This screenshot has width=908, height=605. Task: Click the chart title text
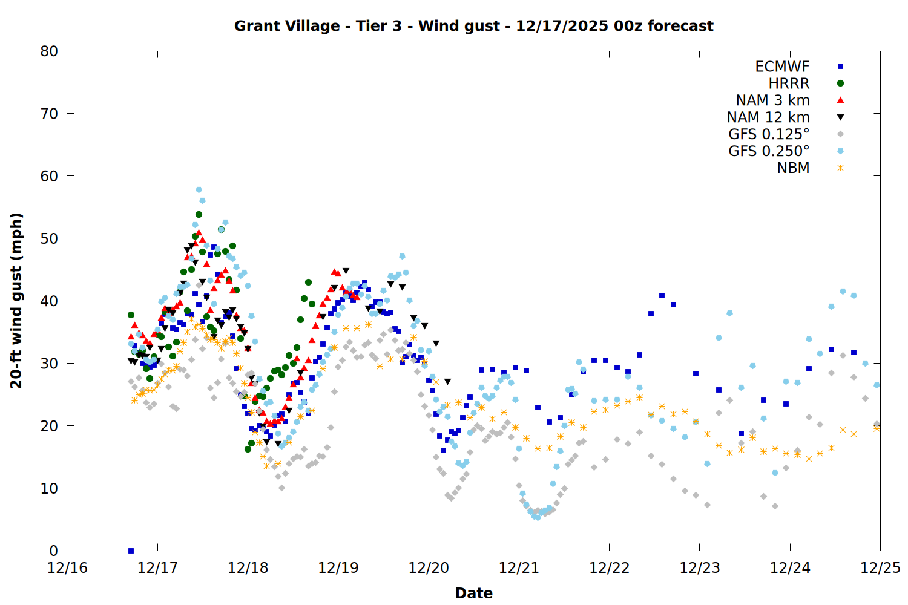(x=473, y=26)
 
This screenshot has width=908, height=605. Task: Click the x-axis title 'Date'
(x=473, y=593)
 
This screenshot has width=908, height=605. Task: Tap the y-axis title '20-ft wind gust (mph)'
(x=16, y=301)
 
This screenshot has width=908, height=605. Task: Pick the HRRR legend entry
(x=789, y=83)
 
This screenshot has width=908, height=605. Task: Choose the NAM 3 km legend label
(x=772, y=100)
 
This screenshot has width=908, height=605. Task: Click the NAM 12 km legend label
(x=768, y=117)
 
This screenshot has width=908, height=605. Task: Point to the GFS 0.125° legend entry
(x=769, y=134)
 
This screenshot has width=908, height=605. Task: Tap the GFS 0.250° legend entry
(x=769, y=151)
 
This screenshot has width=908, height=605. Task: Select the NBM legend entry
(x=793, y=168)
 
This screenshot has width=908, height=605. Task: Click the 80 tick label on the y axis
(x=49, y=51)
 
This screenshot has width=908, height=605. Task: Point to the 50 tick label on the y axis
(x=49, y=238)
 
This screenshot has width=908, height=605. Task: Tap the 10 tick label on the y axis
(x=49, y=488)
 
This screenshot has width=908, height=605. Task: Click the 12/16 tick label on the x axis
(x=67, y=568)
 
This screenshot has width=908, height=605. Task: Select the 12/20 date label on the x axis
(x=429, y=568)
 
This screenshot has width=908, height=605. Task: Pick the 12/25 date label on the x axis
(x=880, y=568)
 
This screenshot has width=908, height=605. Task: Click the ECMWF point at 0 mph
(x=131, y=551)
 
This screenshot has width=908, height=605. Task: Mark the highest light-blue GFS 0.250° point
(x=199, y=190)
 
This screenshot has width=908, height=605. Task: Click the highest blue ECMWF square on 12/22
(x=662, y=296)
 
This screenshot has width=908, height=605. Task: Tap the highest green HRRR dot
(x=199, y=215)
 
